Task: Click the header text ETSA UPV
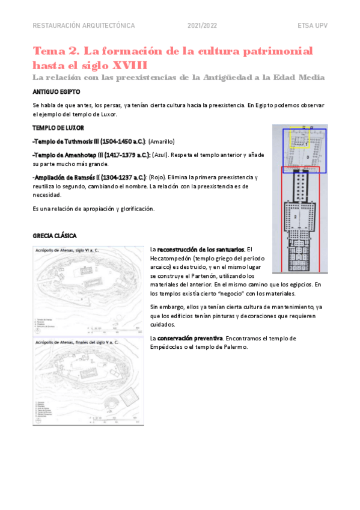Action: pos(312,26)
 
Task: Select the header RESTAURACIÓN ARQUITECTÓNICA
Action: pos(84,26)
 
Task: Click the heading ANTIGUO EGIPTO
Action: pos(56,92)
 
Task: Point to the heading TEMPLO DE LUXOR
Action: pos(58,128)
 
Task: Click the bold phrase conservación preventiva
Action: pos(190,338)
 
